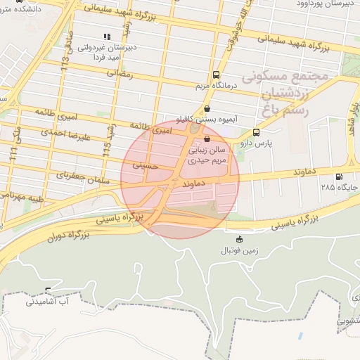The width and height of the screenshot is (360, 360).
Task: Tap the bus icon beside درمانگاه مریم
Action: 216,75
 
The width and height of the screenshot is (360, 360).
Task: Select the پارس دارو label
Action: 255,142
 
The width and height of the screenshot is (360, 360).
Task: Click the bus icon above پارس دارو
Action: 256,131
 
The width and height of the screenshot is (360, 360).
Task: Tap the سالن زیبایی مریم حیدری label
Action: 205,155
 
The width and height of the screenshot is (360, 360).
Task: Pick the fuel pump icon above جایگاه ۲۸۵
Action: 340,176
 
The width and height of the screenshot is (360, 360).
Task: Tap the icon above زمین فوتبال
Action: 240,239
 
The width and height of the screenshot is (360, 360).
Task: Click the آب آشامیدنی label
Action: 46,302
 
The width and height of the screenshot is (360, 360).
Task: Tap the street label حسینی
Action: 146,166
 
